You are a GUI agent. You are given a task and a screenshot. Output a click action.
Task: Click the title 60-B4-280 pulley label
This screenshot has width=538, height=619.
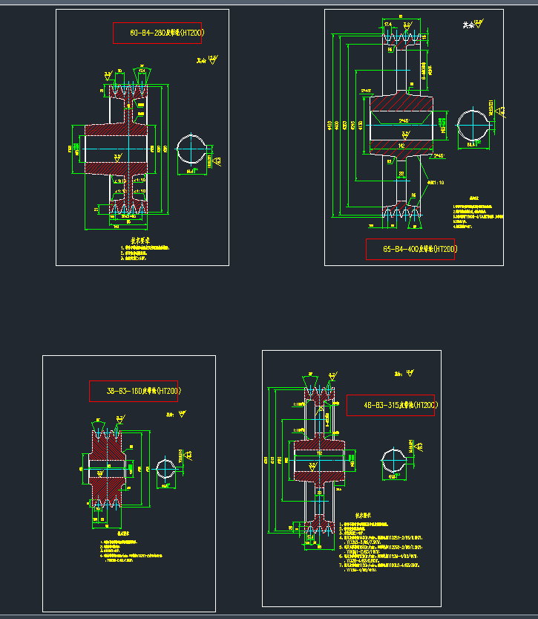coord(157,33)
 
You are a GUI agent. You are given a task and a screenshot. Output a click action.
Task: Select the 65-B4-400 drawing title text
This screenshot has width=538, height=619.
coord(410,249)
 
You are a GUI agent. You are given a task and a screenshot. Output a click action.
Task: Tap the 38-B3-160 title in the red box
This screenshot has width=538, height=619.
coord(134,391)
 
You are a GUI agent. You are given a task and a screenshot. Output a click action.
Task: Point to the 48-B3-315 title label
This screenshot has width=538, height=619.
coord(390,406)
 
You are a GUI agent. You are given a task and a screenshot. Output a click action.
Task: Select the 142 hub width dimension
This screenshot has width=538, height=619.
coord(401,146)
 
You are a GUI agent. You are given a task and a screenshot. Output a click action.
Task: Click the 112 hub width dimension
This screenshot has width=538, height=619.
coord(320,453)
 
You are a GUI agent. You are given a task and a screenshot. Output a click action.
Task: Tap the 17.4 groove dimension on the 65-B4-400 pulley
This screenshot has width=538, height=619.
coord(388,25)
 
